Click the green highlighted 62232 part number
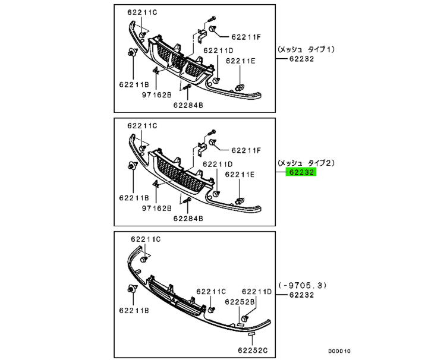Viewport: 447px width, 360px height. tap(302, 172)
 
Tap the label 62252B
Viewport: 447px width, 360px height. tap(240, 302)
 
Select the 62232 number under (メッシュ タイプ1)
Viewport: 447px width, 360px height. tap(302, 59)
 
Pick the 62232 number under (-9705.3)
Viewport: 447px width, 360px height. tap(302, 295)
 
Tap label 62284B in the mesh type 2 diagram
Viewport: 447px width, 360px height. tap(188, 218)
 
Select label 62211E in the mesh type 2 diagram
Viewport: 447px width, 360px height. tap(240, 174)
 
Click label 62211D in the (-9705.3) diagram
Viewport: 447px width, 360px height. tap(257, 292)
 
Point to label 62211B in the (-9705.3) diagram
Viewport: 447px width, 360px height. tap(133, 310)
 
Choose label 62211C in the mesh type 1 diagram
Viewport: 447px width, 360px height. tap(142, 12)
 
